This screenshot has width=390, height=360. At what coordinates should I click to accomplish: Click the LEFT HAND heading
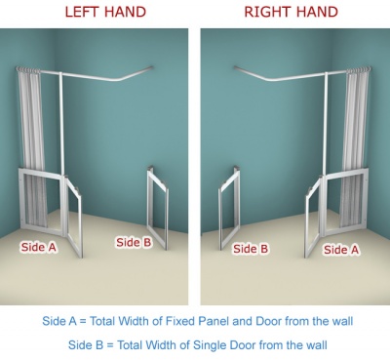(105, 12)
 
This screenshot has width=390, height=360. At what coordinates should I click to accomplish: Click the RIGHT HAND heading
(291, 12)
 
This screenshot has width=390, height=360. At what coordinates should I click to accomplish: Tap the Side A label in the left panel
(39, 247)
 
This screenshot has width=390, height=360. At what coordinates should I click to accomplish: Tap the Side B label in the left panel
(134, 242)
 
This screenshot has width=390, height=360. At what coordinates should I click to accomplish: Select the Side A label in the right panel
(341, 250)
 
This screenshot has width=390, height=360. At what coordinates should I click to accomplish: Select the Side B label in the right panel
(251, 249)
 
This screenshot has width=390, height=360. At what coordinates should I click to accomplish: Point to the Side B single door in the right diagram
(229, 207)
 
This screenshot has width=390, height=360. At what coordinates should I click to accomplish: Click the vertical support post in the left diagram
(61, 124)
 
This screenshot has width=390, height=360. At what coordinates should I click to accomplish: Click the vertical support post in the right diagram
(326, 124)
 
